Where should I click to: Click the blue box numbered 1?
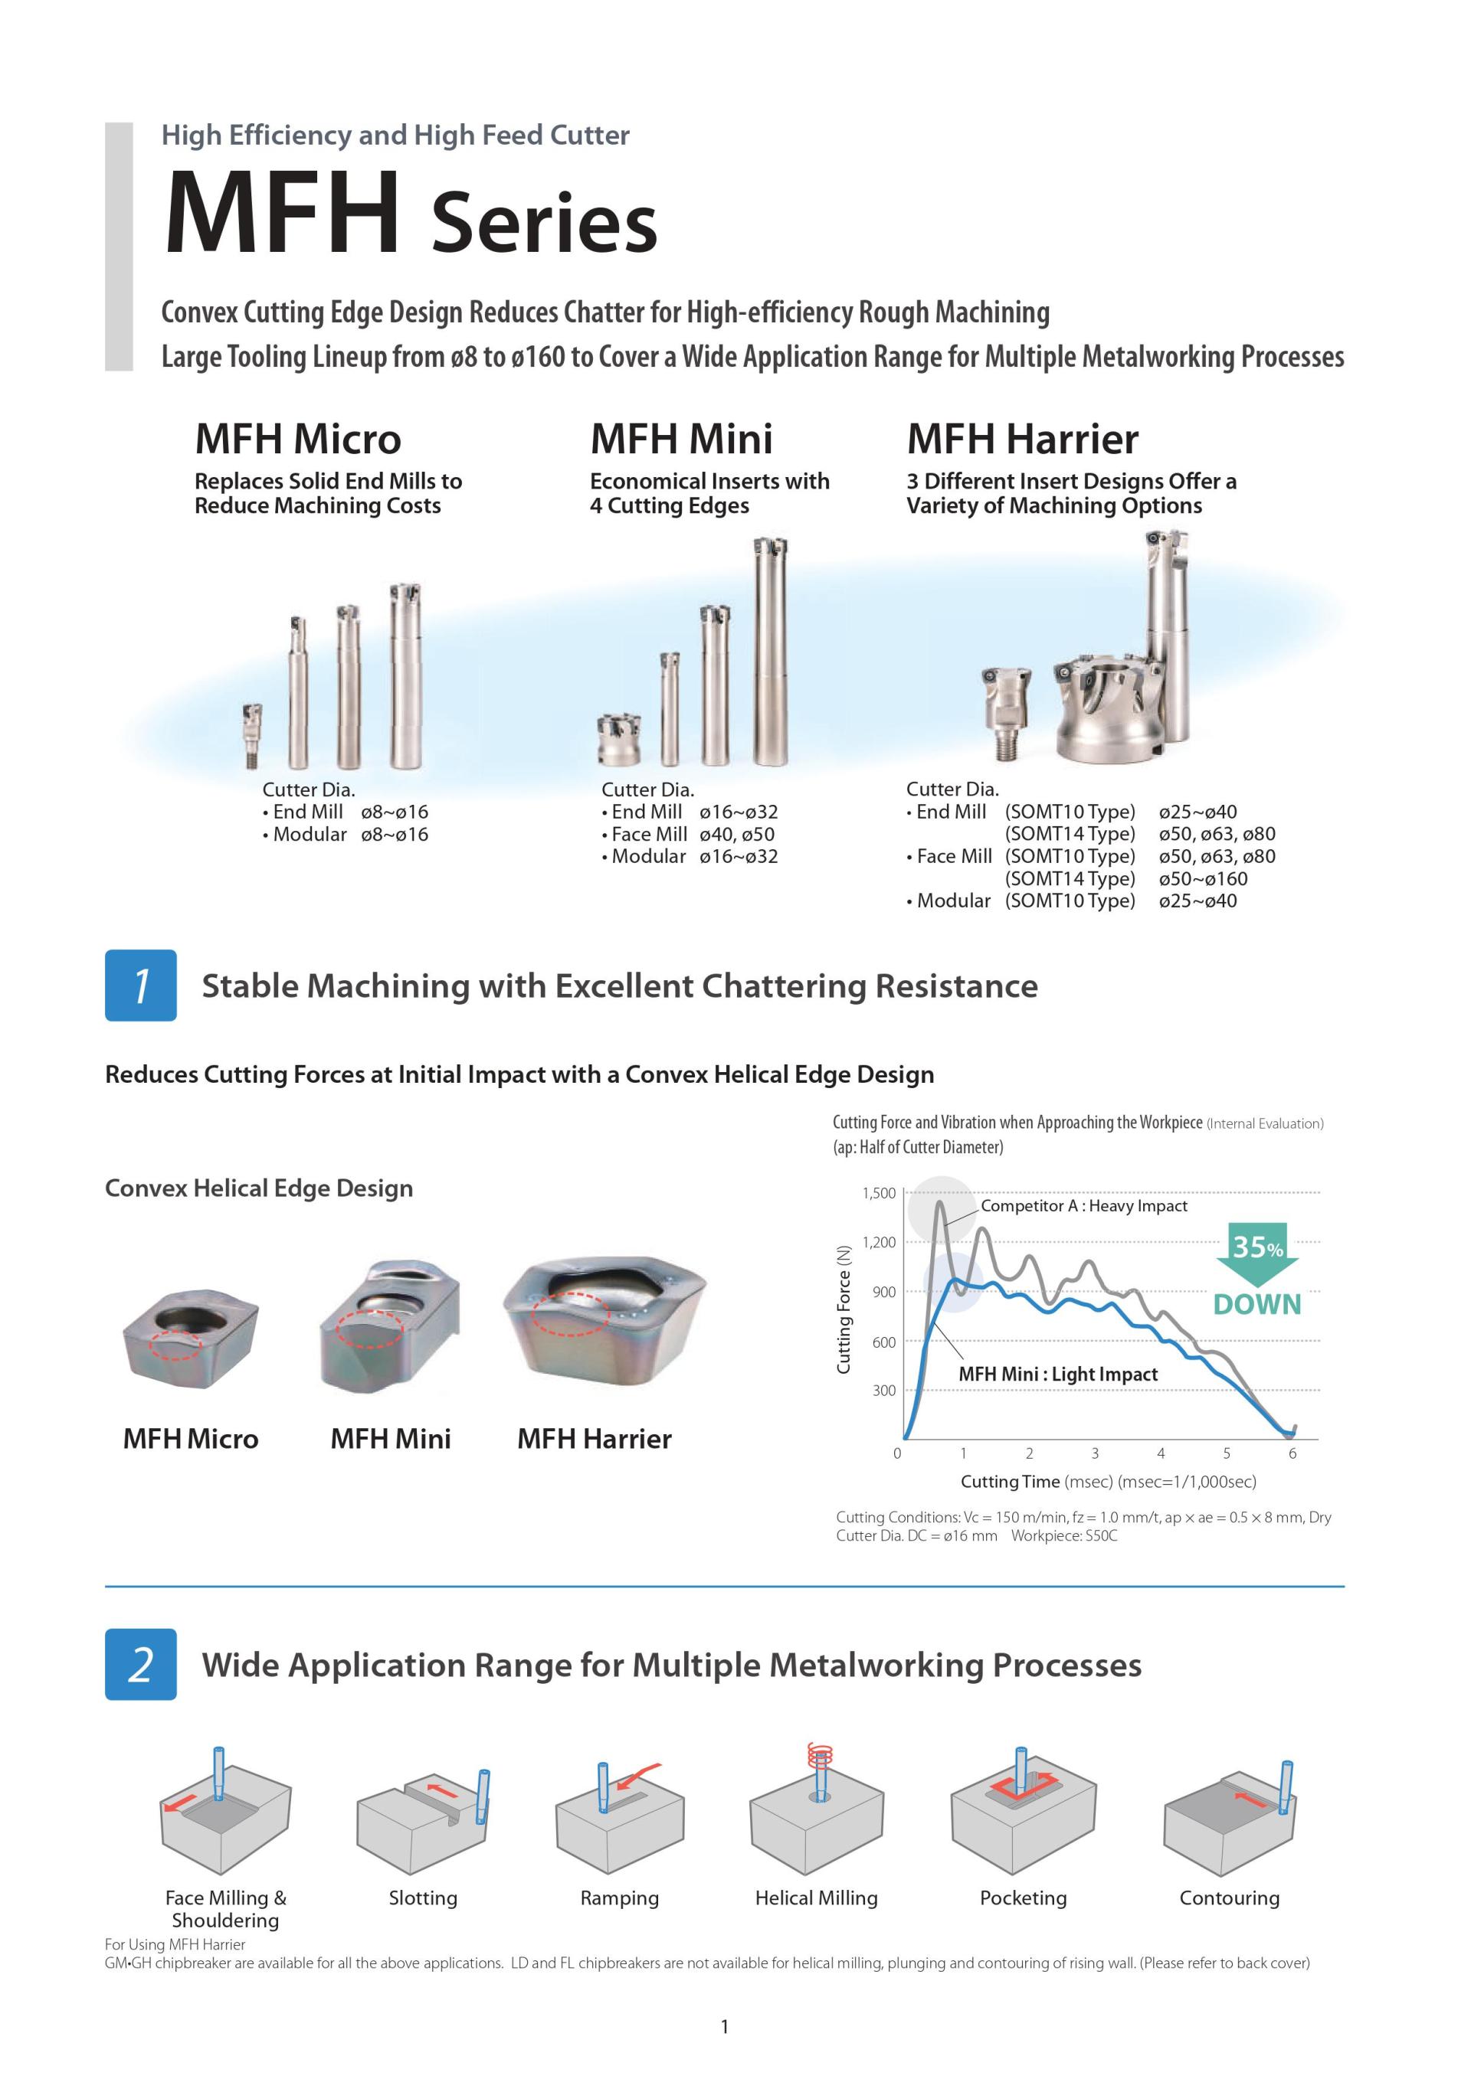click(x=140, y=986)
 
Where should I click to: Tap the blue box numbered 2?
click(x=140, y=1664)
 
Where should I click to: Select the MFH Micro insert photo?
click(x=190, y=1338)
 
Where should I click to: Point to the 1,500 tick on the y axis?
click(x=879, y=1194)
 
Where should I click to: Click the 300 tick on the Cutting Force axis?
click(x=883, y=1390)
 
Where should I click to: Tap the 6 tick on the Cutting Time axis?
click(x=1292, y=1453)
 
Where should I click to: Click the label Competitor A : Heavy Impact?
click(x=1083, y=1206)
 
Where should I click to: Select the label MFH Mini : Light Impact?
click(x=1058, y=1374)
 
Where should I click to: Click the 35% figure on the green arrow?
click(x=1257, y=1247)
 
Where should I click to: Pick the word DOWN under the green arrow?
click(x=1257, y=1304)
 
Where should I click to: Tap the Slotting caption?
click(x=423, y=1898)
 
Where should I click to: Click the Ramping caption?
click(x=620, y=1898)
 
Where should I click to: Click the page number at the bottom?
click(x=725, y=2026)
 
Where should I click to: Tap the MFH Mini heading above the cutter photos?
click(x=681, y=440)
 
